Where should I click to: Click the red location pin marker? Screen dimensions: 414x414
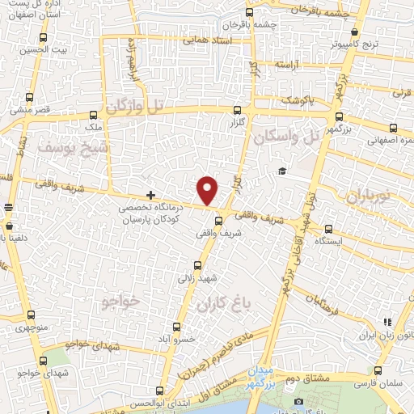coord(209,189)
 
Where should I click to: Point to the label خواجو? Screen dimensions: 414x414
coord(122,301)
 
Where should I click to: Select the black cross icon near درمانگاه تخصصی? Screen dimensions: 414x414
coord(151,195)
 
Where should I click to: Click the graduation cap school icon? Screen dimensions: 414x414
coord(281,171)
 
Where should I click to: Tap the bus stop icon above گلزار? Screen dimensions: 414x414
coord(237,111)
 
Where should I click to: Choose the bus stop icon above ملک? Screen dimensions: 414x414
coord(94,115)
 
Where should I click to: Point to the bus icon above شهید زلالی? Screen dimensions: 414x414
coord(198,264)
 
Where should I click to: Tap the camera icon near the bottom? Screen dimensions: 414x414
coord(299,402)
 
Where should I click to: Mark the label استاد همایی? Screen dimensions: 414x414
coord(207,39)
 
